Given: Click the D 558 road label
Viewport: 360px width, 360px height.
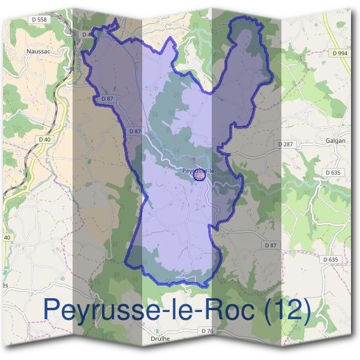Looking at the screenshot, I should coord(41,19).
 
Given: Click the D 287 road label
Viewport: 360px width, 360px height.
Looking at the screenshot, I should coord(286,145).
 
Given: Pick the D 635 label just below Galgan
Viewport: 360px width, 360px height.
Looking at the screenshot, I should coord(333,172).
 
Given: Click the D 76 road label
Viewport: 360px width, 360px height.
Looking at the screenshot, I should coord(208,331).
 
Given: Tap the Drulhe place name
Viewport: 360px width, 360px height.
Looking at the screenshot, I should coord(157,338).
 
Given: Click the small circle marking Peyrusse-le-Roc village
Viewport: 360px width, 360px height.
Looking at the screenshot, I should coord(199,174).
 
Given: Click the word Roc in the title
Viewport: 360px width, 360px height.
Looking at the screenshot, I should coord(229,310).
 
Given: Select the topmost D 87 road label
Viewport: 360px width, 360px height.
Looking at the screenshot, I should coord(107,98).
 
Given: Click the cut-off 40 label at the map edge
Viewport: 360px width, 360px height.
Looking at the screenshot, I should coord(7,238).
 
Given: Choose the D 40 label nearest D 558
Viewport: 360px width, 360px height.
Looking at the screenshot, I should coord(88,34).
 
